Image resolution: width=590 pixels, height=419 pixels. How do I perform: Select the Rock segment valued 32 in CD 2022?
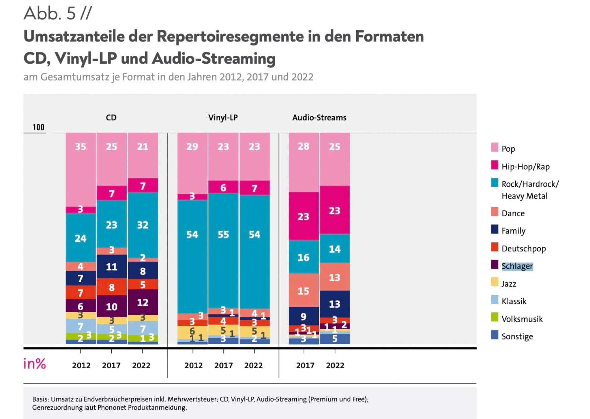tap(143, 225)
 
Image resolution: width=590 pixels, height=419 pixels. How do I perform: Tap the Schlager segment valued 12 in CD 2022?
tap(143, 302)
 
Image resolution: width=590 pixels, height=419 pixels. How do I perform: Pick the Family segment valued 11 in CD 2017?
tap(112, 267)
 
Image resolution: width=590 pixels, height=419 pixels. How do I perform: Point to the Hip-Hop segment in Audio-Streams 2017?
tap(304, 216)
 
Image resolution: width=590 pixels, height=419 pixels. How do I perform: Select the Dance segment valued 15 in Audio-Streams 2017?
tap(304, 290)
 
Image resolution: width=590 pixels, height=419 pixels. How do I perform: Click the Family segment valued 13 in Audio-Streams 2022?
tap(335, 304)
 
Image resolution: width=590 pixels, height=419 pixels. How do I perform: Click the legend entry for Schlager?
tap(517, 266)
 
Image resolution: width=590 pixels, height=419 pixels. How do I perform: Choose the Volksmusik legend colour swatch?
tap(495, 317)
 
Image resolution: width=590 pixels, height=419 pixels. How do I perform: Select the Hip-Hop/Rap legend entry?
tap(525, 166)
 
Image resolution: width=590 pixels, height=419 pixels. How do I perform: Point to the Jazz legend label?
tap(509, 284)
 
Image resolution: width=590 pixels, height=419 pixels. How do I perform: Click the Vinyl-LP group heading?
tap(223, 118)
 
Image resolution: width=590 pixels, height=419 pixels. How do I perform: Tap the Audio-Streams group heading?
tap(319, 118)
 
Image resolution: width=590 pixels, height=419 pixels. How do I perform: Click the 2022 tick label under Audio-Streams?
tap(335, 365)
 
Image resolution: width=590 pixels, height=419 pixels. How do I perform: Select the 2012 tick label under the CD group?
tap(81, 365)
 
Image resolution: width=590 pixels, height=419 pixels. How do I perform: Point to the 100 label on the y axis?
tap(38, 127)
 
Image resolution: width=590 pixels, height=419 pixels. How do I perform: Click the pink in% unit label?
tap(34, 364)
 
